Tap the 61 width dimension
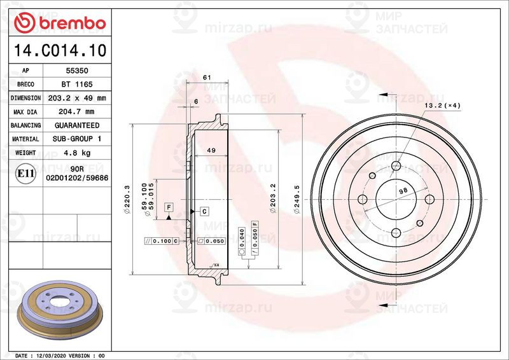[x=207, y=78]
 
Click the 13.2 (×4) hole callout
[x=442, y=105]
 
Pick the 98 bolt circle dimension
[x=403, y=190]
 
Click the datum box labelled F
[x=169, y=207]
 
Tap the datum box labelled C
[x=205, y=211]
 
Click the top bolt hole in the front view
[x=396, y=165]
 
